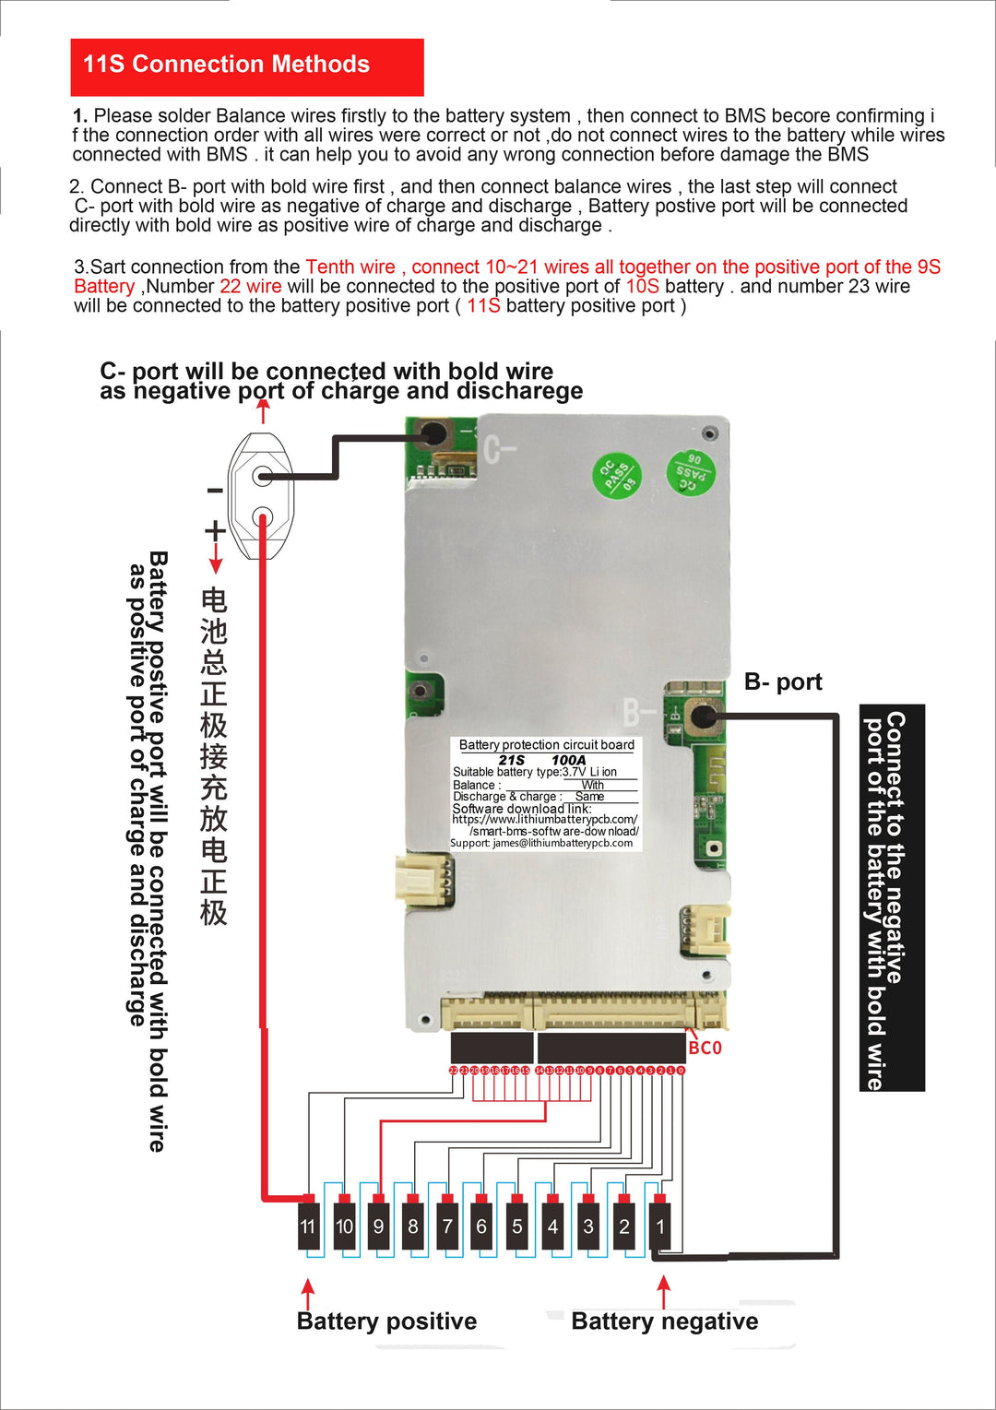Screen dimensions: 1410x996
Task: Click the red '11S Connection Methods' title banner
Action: [x=246, y=66]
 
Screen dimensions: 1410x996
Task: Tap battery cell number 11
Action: [x=308, y=1226]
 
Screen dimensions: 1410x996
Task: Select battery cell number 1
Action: [x=659, y=1226]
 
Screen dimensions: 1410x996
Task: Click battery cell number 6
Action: [x=481, y=1226]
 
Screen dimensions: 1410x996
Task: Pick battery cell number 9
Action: [x=378, y=1226]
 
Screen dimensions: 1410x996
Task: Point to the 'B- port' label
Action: [x=783, y=681]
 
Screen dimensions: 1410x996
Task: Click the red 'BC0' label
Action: [x=705, y=1048]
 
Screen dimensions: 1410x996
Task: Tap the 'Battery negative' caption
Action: [x=664, y=1321]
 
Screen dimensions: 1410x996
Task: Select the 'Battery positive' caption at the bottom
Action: [x=386, y=1321]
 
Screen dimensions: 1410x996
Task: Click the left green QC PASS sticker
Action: [x=616, y=477]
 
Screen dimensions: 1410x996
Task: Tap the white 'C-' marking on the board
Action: [x=500, y=450]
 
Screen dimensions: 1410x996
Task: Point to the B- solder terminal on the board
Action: [x=705, y=715]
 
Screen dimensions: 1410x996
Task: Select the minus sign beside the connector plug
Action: [x=214, y=491]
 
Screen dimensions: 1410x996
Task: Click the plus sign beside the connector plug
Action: [x=215, y=530]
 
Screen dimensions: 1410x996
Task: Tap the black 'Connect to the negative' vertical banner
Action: [x=892, y=897]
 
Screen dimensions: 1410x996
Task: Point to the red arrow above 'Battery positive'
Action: [x=308, y=1291]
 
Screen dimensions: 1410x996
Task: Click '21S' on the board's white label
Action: [x=511, y=760]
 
